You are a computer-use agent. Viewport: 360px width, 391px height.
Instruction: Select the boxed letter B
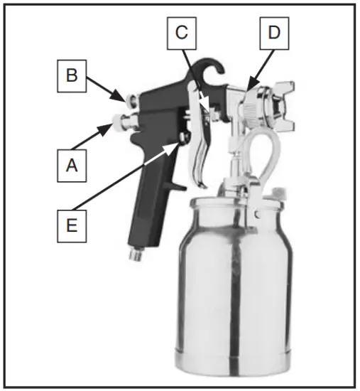coord(70,75)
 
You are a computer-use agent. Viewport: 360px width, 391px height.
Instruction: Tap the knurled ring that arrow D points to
coord(249,107)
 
